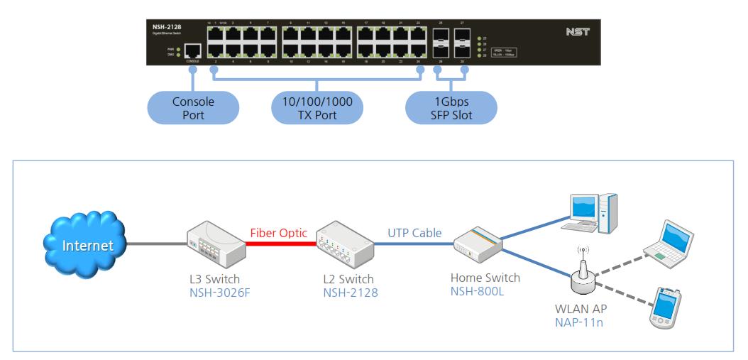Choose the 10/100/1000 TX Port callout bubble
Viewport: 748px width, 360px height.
[x=317, y=107]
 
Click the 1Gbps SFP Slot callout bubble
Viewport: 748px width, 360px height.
[x=451, y=107]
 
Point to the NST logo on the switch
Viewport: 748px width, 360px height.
[x=578, y=32]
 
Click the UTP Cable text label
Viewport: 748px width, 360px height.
[x=414, y=233]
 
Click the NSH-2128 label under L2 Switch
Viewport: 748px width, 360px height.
[x=346, y=292]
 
